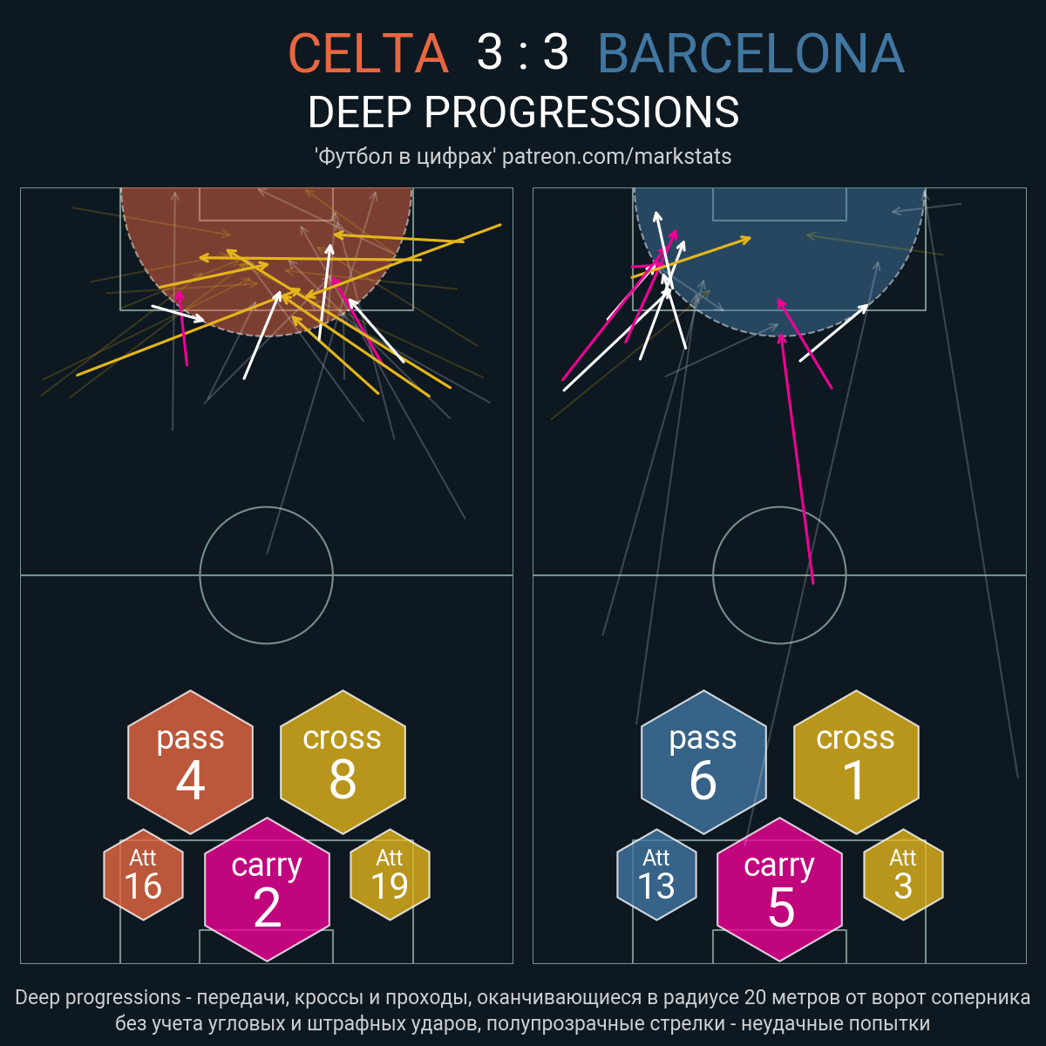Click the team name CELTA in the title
tap(369, 52)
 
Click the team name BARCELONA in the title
tap(751, 52)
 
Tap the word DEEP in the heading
tap(359, 112)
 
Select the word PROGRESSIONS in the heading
tap(581, 112)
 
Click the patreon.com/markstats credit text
tap(616, 157)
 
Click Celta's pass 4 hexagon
tap(191, 762)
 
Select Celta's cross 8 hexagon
tap(343, 762)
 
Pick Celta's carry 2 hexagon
tap(267, 889)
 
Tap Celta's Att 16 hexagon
tap(143, 874)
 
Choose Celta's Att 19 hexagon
tap(390, 874)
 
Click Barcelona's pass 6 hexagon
tap(703, 762)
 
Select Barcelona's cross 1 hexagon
tap(856, 762)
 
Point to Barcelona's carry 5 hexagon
tap(779, 889)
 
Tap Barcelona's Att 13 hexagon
tap(656, 874)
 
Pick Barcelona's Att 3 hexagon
tap(903, 874)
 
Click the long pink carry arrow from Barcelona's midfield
tap(797, 459)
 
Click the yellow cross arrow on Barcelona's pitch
tap(691, 258)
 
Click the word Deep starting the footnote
tap(37, 998)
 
